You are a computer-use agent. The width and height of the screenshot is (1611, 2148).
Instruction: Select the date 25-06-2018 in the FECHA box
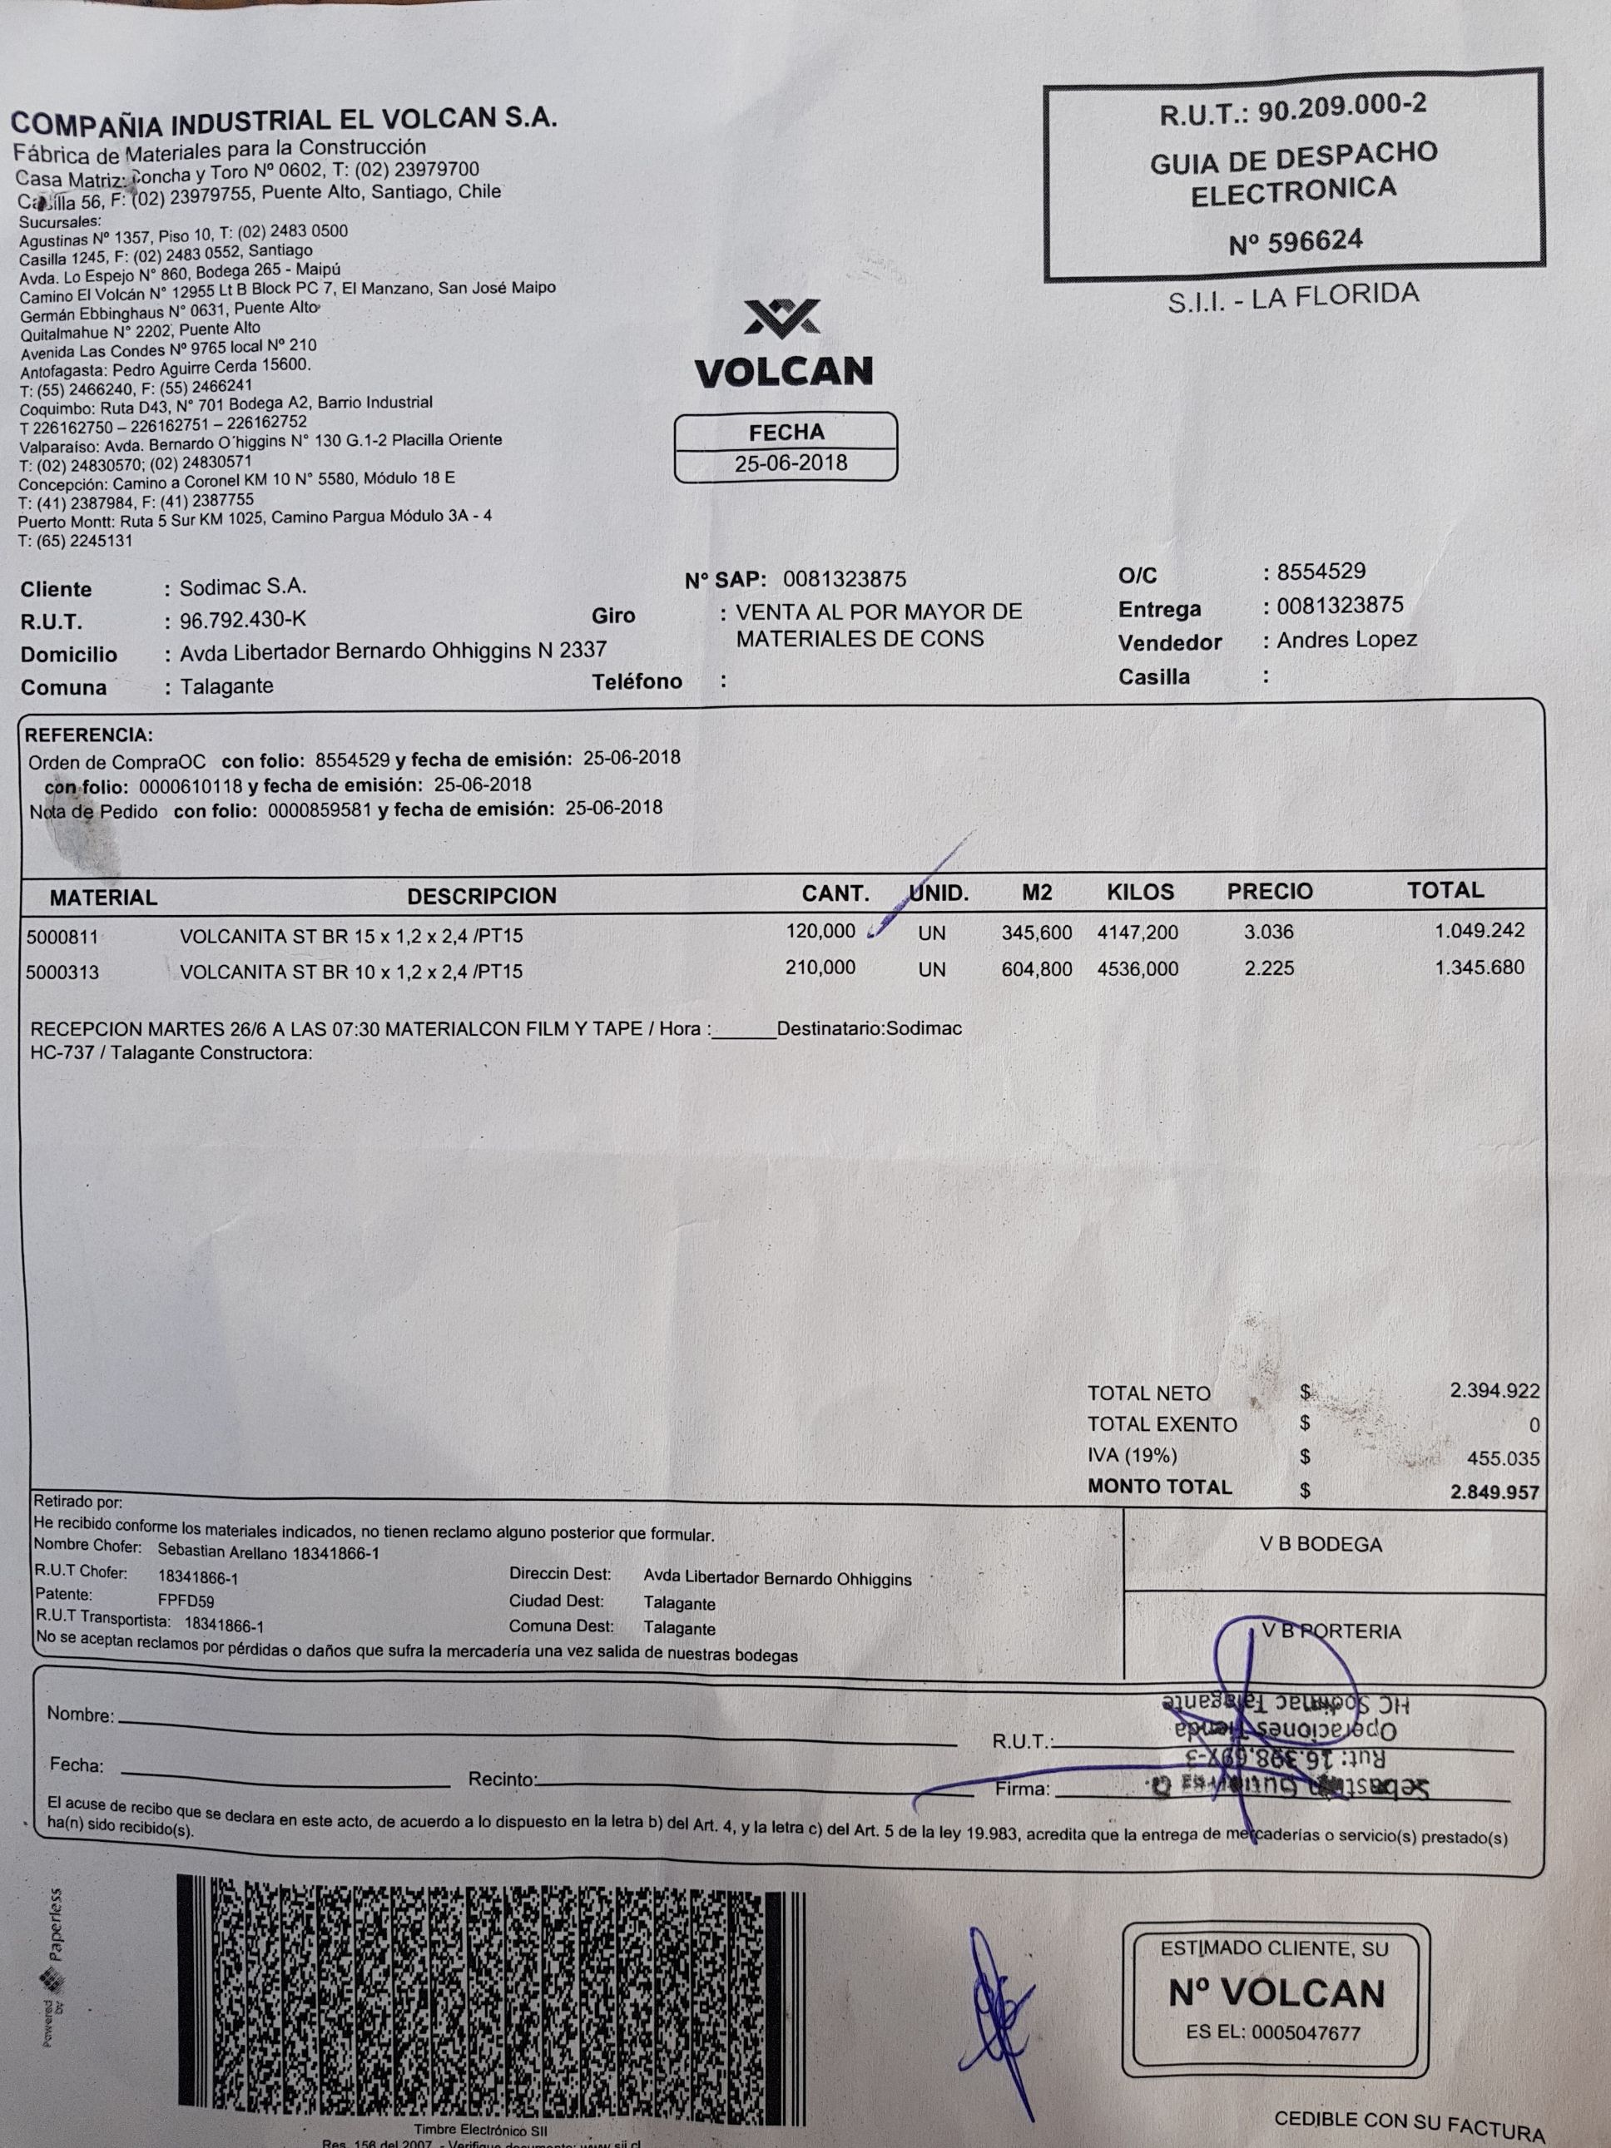pos(791,463)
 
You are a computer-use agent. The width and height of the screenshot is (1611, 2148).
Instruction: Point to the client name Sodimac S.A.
pos(243,587)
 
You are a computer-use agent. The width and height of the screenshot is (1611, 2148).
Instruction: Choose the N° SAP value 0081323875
pos(844,580)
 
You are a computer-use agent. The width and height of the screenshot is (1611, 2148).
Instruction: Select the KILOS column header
pos(1140,893)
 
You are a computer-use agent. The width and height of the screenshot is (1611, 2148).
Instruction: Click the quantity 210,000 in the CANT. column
pos(820,968)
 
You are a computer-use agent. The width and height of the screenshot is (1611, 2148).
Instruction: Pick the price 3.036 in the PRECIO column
pos(1268,933)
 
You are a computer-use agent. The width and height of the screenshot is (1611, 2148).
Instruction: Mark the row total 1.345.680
pos(1479,968)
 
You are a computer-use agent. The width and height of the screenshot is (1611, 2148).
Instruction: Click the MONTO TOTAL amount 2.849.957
pos(1494,1492)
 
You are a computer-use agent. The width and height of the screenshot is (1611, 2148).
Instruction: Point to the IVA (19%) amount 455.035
pos(1502,1458)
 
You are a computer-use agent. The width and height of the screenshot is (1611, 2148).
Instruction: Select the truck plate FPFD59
pos(186,1601)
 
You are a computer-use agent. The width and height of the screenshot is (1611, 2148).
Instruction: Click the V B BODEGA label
pos(1320,1545)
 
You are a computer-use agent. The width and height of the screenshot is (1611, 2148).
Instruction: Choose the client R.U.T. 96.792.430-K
pos(243,621)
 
